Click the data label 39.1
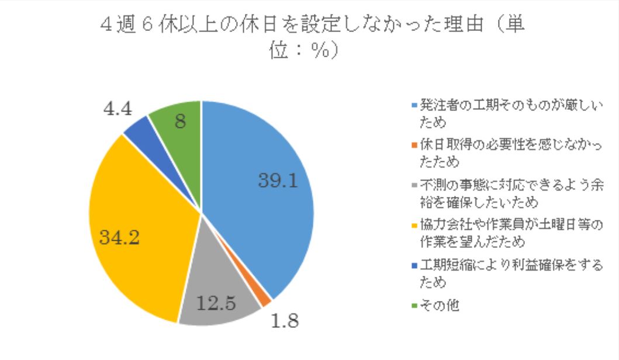pos(278,181)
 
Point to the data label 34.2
pos(119,238)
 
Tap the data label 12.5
pos(216,303)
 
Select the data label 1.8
pos(285,321)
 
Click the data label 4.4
pos(117,109)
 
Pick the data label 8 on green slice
pos(181,121)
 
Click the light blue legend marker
pos(414,106)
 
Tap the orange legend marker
pos(414,146)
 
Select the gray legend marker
pos(414,185)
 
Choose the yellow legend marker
pos(414,226)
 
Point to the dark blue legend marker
pos(414,265)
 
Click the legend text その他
pos(440,306)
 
